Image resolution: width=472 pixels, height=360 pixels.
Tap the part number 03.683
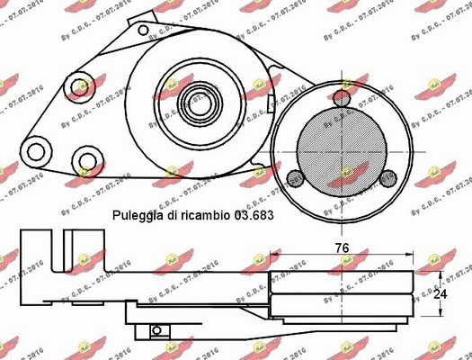(x=253, y=217)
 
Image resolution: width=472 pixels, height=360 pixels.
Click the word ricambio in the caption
(x=203, y=217)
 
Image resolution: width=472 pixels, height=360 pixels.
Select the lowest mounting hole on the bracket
(x=86, y=163)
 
